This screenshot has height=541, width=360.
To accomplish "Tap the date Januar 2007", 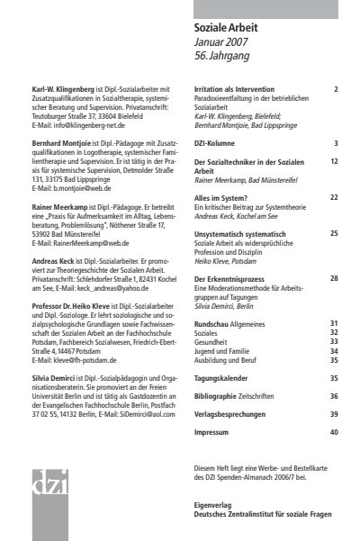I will (x=219, y=41).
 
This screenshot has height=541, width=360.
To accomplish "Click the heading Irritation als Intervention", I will (x=240, y=90).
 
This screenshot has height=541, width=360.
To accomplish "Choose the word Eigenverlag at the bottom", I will (x=213, y=505).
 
